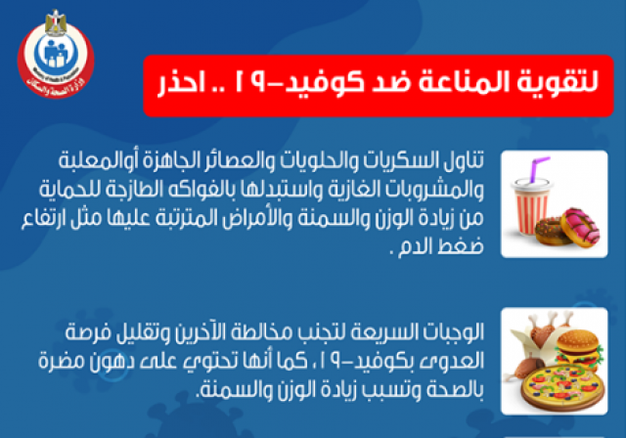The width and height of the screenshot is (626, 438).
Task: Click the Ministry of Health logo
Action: click(56, 56)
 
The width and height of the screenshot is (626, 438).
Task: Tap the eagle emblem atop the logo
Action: click(56, 22)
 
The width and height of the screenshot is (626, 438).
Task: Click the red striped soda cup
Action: click(531, 206)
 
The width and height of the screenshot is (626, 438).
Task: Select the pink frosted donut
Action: click(580, 227)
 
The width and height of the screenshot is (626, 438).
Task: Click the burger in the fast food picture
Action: click(578, 348)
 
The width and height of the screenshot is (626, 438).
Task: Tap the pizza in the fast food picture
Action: click(563, 386)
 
